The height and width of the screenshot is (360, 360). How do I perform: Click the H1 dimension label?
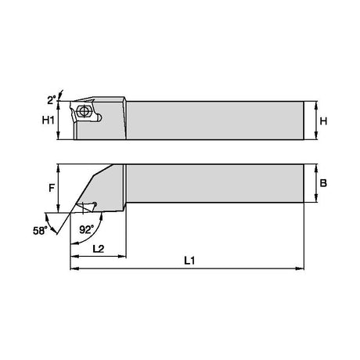49,121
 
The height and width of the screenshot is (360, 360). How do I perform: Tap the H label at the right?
323,121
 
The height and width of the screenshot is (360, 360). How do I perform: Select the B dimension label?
323,183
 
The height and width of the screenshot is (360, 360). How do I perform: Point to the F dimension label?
52,188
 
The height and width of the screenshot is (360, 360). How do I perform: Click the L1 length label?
189,261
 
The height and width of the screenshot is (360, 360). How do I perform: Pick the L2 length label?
99,249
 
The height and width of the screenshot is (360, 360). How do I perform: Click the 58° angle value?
41,231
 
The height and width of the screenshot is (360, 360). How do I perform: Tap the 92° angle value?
86,229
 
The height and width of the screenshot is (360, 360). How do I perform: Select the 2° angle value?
52,100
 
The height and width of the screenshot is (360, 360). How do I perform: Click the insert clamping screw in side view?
84,111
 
